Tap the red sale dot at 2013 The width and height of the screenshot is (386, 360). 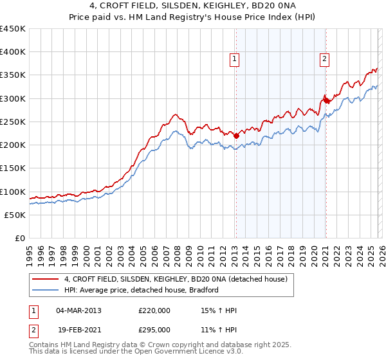click(x=236, y=136)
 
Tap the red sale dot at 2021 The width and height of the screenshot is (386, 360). click(x=326, y=101)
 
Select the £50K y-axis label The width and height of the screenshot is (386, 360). click(x=15, y=215)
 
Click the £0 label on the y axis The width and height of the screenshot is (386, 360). click(x=21, y=238)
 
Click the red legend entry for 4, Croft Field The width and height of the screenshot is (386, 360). click(x=179, y=279)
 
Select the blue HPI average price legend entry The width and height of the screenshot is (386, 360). click(x=142, y=290)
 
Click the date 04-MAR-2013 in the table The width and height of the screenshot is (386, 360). click(x=78, y=310)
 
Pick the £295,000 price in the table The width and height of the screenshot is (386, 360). click(x=154, y=329)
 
